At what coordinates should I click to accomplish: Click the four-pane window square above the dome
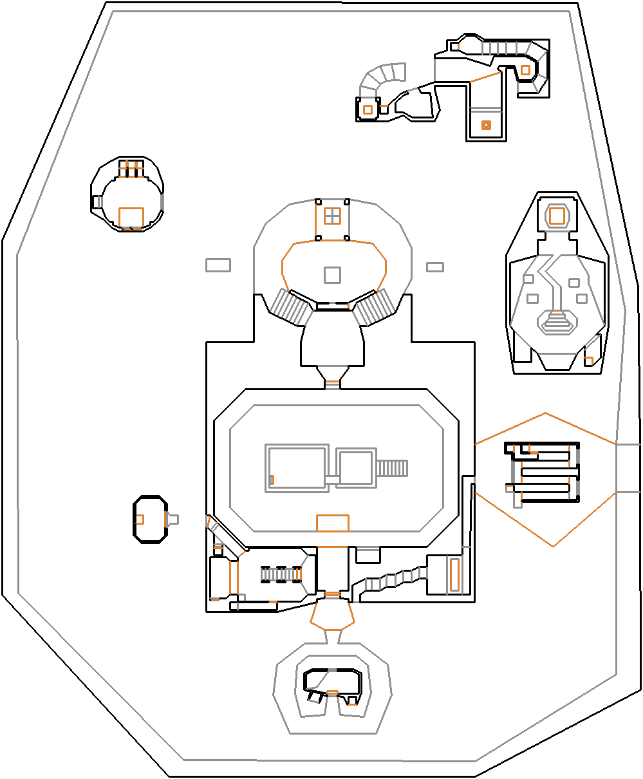pyautogui.click(x=332, y=216)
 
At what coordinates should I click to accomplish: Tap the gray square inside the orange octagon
pyautogui.click(x=332, y=275)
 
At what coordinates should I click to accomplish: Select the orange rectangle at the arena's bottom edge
pyautogui.click(x=332, y=523)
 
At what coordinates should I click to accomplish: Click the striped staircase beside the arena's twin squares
pyautogui.click(x=393, y=468)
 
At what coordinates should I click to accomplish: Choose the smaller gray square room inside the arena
pyautogui.click(x=355, y=468)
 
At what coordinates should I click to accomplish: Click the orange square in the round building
pyautogui.click(x=131, y=217)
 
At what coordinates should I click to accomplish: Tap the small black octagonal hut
pyautogui.click(x=150, y=519)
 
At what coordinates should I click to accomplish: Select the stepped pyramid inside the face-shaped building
pyautogui.click(x=557, y=322)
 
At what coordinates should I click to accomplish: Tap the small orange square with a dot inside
pyautogui.click(x=486, y=125)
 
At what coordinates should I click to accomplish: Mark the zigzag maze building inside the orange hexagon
pyautogui.click(x=544, y=471)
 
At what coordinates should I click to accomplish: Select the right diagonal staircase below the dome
pyautogui.click(x=377, y=306)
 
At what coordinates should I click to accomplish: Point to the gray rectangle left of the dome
pyautogui.click(x=218, y=265)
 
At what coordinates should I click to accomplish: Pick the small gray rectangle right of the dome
pyautogui.click(x=435, y=267)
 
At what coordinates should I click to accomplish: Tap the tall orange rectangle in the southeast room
pyautogui.click(x=454, y=574)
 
